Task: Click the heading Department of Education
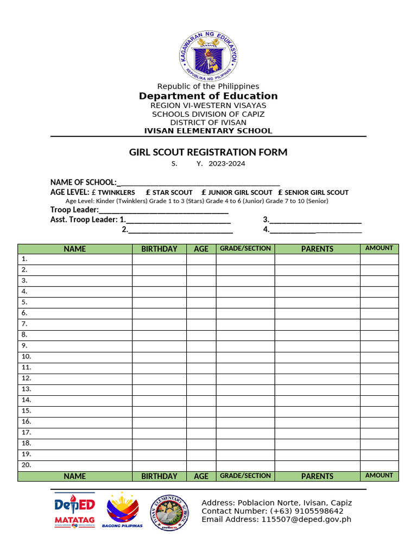tap(208, 96)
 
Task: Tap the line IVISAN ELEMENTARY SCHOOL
tap(208, 131)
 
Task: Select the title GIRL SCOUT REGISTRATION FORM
tap(208, 153)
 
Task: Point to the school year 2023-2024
tap(231, 163)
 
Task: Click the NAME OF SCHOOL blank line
tap(198, 183)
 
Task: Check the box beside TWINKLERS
tap(94, 192)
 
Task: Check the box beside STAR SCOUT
tap(148, 192)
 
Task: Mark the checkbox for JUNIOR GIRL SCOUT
tap(204, 192)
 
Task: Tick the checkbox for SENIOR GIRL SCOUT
tap(281, 192)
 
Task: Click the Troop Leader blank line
tap(163, 211)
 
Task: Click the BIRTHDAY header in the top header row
tap(159, 249)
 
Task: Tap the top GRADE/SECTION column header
tap(245, 249)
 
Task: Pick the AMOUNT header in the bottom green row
tap(379, 476)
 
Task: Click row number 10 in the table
tap(27, 357)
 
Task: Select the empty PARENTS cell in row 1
tap(317, 259)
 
